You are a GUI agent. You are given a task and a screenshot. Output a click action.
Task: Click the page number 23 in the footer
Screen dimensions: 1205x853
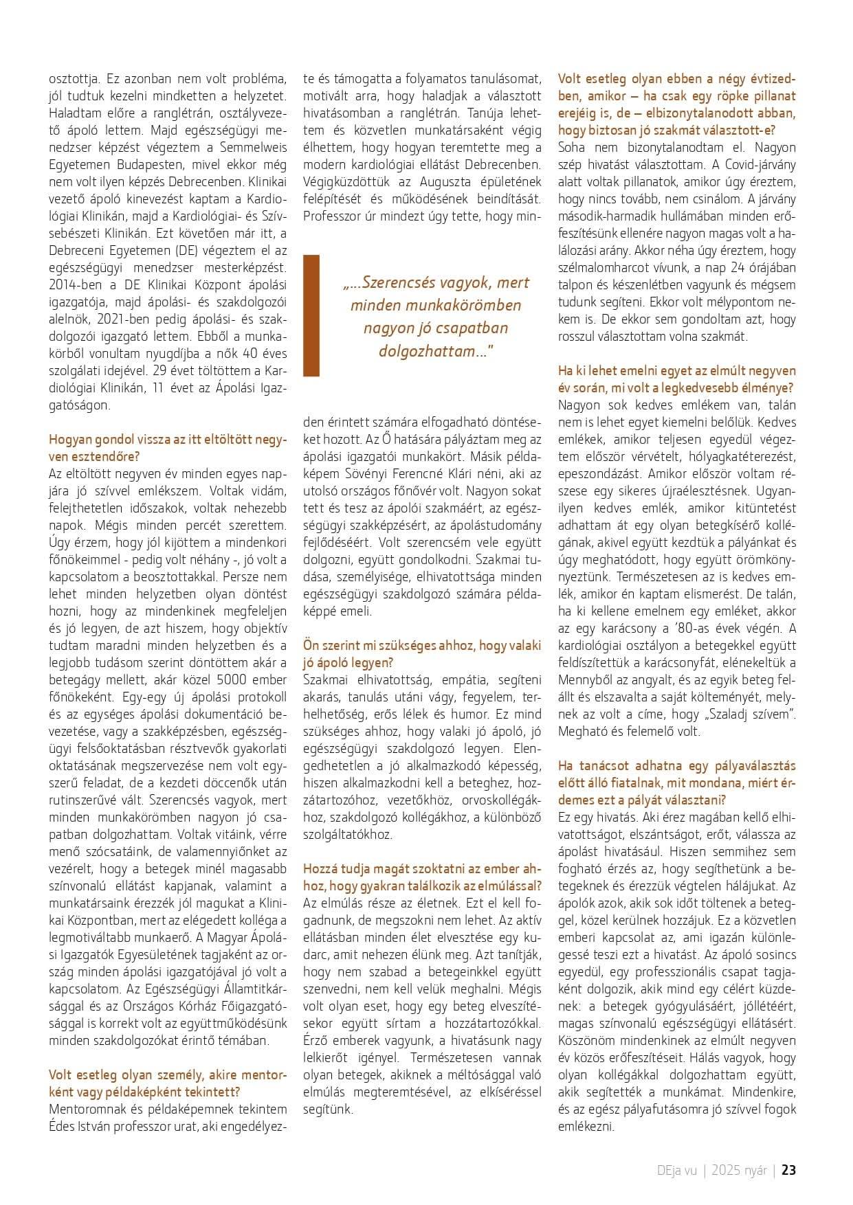(x=789, y=1171)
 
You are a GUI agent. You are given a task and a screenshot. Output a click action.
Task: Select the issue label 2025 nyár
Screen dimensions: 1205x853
(x=739, y=1171)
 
